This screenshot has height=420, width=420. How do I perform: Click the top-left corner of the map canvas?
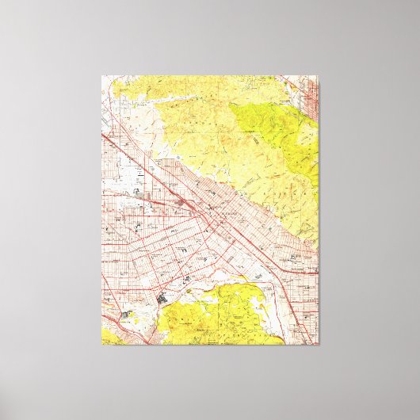pyautogui.click(x=101, y=76)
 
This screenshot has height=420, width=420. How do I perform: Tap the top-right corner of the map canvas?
pyautogui.click(x=319, y=76)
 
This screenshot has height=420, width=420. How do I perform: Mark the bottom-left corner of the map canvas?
pyautogui.click(x=101, y=345)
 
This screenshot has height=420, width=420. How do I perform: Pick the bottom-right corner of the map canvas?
pyautogui.click(x=319, y=345)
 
